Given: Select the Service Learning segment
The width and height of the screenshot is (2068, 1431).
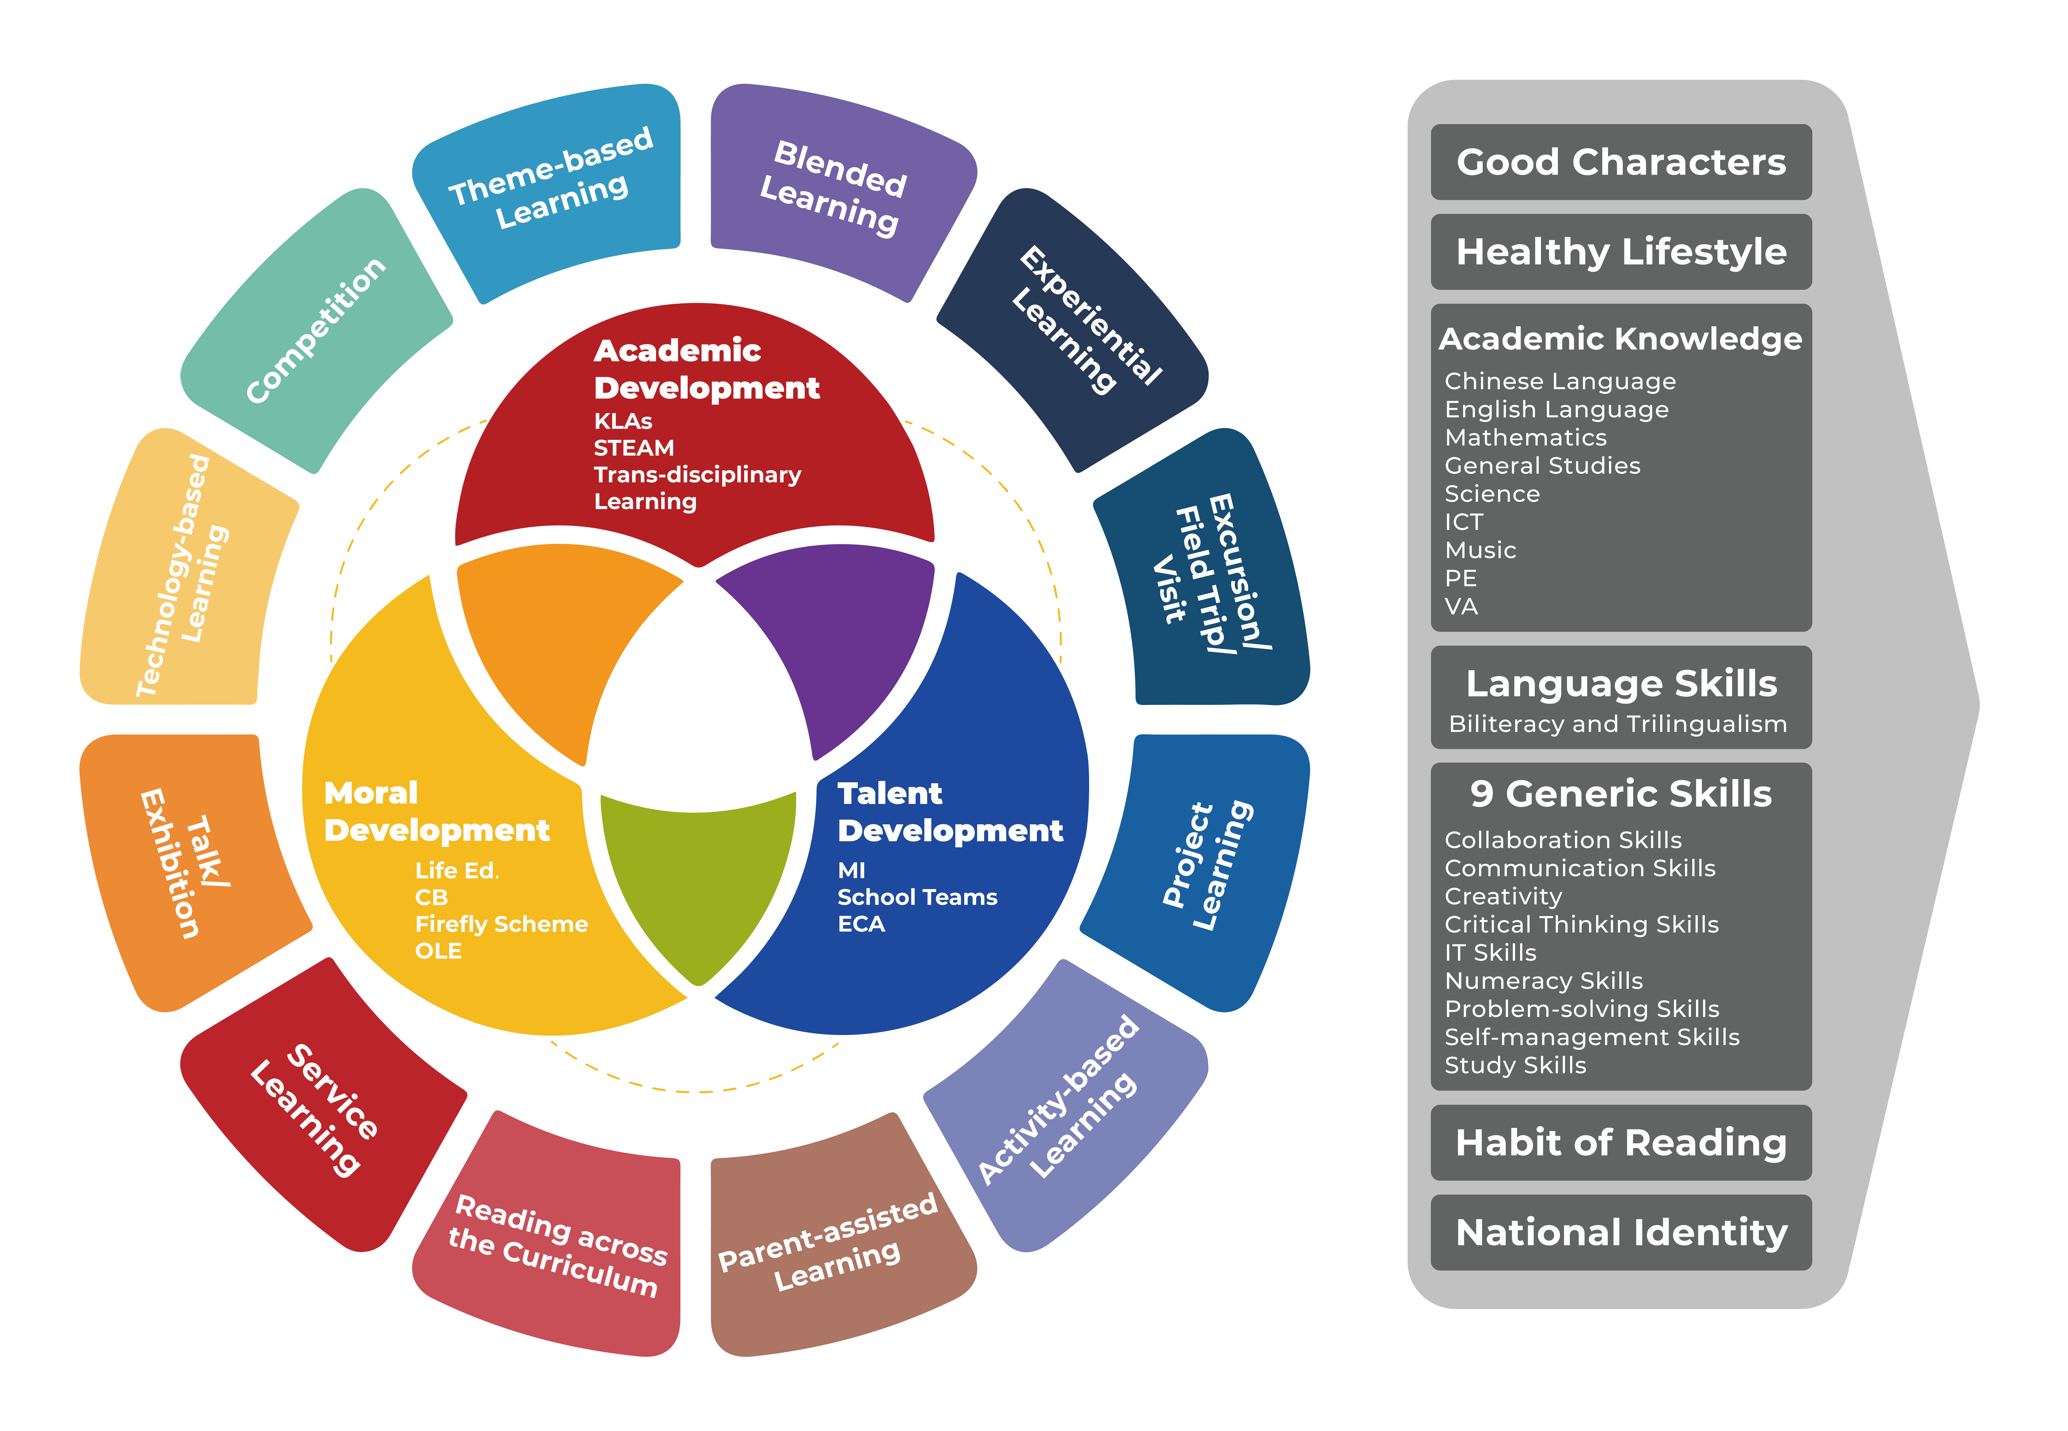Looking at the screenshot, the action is click(323, 1107).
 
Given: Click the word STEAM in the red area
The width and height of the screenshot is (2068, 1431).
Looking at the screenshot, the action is click(634, 447).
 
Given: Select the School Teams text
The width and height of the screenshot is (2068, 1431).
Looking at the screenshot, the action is click(917, 898).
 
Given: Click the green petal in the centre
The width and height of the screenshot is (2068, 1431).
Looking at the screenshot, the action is click(697, 879).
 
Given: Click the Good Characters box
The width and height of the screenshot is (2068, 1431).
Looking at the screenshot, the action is click(1621, 162).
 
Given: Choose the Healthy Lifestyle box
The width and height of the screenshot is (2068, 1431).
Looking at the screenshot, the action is click(1621, 252).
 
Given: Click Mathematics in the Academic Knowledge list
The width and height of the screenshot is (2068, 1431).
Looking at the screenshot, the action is click(1526, 438).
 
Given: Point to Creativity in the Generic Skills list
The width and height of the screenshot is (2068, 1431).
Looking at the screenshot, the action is click(1503, 897).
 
